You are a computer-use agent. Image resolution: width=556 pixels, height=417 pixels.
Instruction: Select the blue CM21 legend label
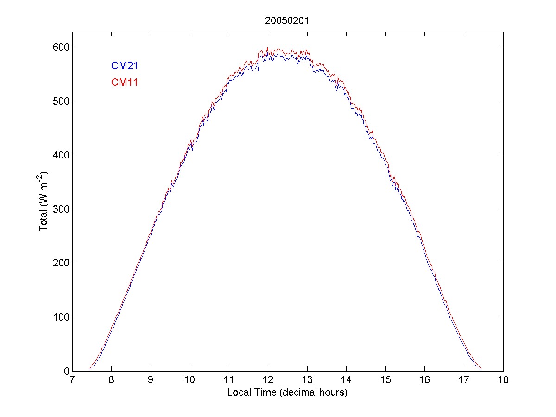pos(125,66)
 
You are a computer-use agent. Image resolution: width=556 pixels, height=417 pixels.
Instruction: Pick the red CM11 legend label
pos(125,82)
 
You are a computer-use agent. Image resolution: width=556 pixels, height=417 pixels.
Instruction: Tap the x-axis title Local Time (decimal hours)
pos(287,392)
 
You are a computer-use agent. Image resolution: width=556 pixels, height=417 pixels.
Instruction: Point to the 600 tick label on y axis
pos(59,47)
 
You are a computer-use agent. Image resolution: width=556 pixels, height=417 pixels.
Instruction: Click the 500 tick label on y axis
pos(59,101)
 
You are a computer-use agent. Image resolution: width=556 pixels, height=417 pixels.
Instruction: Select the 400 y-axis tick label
pos(59,155)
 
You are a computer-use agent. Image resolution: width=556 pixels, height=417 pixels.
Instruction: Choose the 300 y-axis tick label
pos(59,209)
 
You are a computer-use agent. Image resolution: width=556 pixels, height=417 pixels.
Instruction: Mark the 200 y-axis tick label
pos(59,263)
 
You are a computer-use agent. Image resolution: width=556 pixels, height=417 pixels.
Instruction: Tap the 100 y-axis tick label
pos(59,317)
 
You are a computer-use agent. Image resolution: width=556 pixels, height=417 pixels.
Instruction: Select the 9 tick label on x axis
pos(151,380)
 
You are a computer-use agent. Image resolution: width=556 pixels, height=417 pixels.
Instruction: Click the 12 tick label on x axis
pos(268,380)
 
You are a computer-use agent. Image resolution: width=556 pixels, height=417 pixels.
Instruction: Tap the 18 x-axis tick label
pos(503,380)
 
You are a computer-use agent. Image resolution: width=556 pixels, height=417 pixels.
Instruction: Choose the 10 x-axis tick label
pos(190,380)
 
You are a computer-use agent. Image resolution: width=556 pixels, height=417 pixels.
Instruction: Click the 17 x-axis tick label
pos(464,380)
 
